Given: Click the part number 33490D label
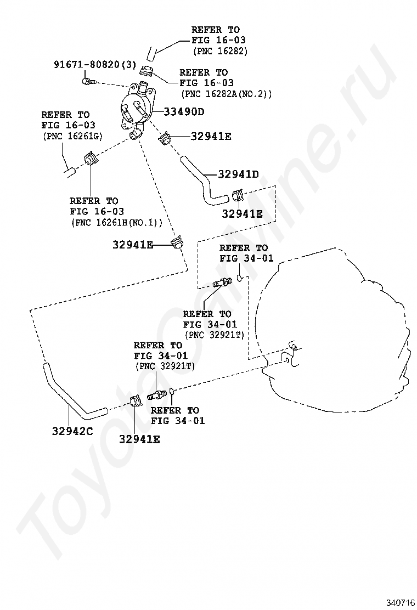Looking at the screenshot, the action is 184,112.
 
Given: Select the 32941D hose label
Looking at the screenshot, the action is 238,174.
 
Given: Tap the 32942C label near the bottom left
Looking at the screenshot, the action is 72,431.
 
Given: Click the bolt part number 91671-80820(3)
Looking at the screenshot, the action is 95,64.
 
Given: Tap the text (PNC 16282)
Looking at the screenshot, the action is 220,51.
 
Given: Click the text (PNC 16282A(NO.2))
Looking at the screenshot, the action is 227,94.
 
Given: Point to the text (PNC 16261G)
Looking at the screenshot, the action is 71,136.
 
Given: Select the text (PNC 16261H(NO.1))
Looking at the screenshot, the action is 116,223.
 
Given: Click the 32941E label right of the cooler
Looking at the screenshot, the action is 211,136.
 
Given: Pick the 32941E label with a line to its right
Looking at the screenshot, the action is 133,245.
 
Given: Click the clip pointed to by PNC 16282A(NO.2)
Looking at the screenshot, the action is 146,71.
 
